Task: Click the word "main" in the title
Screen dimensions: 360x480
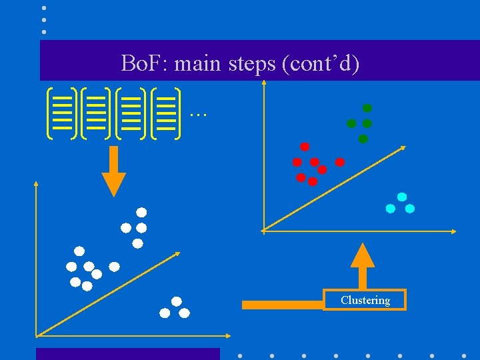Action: click(x=199, y=64)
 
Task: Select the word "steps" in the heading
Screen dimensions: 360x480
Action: click(x=247, y=64)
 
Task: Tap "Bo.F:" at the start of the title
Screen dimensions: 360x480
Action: click(x=145, y=64)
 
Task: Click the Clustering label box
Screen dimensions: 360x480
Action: click(x=365, y=300)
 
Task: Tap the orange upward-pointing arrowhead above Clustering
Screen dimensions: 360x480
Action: click(x=363, y=257)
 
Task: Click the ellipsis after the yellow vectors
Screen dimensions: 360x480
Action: click(x=198, y=114)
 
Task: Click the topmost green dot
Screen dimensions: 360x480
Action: click(x=367, y=108)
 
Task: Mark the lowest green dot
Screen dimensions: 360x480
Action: click(x=363, y=139)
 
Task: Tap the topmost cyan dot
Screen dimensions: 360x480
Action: click(x=402, y=197)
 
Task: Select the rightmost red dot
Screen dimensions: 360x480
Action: click(x=339, y=162)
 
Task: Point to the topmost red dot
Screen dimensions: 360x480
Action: click(x=305, y=147)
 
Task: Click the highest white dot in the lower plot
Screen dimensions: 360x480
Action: click(x=141, y=213)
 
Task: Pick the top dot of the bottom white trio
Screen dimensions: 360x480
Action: click(x=176, y=301)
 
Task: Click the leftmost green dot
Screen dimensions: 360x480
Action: click(x=351, y=123)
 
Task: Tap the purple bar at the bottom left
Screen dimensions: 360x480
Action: click(x=127, y=353)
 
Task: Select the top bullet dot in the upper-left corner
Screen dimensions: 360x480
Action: click(x=44, y=8)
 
